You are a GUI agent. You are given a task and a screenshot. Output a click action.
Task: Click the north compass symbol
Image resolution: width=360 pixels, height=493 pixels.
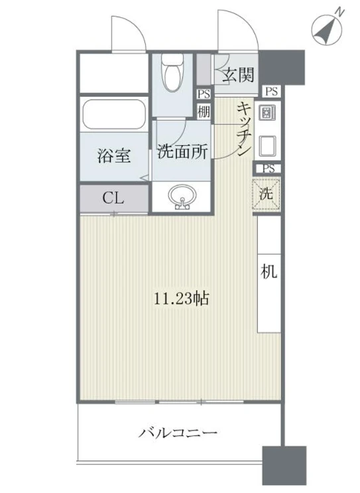(327, 30)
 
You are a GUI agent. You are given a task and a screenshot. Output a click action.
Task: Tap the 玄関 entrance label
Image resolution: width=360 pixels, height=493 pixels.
(238, 75)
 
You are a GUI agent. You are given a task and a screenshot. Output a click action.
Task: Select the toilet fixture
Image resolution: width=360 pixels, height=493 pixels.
(172, 72)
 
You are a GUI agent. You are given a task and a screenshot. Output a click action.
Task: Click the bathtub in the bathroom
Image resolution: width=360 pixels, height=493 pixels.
(114, 114)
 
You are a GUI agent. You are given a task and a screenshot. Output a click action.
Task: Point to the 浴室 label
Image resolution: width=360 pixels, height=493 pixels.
(114, 155)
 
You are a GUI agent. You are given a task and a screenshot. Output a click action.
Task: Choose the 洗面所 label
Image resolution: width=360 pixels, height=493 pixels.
(182, 151)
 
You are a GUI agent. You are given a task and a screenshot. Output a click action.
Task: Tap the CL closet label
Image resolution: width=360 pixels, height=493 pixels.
(113, 198)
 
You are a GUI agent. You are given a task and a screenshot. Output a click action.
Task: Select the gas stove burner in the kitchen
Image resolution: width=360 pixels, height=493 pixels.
(267, 112)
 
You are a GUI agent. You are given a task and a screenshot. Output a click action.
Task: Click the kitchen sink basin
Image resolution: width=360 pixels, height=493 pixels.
(267, 145)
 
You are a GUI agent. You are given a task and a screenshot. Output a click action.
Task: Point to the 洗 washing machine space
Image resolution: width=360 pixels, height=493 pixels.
(267, 194)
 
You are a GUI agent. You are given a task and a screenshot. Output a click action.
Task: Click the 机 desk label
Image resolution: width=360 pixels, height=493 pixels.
(269, 271)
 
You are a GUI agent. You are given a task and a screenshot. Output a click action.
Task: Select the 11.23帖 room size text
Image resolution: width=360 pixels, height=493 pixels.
(181, 298)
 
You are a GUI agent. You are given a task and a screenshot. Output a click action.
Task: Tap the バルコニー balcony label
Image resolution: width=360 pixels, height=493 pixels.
(178, 433)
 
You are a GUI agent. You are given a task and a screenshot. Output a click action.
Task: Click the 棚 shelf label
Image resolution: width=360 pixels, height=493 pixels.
(204, 111)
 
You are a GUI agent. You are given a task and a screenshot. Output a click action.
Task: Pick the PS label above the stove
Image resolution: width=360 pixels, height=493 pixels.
(272, 92)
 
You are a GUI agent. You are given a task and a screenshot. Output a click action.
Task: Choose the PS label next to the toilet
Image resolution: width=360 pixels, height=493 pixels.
(204, 95)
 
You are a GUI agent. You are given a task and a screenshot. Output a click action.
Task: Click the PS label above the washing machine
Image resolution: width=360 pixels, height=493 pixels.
(269, 169)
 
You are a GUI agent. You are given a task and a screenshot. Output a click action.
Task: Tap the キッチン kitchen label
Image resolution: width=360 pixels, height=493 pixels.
(245, 129)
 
